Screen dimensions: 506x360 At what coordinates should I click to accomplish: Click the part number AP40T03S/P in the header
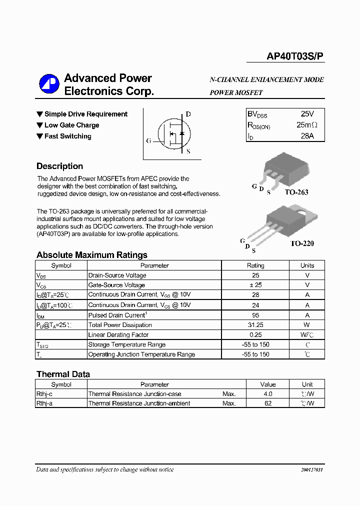point(295,57)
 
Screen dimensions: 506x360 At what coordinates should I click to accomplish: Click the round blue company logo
point(49,84)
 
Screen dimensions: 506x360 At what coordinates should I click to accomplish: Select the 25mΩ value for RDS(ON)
point(306,125)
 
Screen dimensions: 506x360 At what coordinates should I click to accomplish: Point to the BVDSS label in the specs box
point(257,114)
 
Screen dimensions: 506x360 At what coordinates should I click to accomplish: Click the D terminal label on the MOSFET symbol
point(188,114)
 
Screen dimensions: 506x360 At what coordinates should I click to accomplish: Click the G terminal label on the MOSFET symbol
point(148,141)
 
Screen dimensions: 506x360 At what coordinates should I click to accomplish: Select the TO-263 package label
point(296,192)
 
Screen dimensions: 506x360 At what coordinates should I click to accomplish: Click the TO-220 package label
point(302,243)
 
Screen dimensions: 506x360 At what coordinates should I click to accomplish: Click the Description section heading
point(59,166)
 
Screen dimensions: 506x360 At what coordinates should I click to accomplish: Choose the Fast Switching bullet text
point(67,136)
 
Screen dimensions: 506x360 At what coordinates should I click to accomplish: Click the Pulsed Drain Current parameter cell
point(117,315)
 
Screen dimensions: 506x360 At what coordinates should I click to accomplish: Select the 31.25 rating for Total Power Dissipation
point(255,325)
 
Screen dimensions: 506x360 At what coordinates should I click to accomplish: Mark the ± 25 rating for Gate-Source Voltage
point(255,285)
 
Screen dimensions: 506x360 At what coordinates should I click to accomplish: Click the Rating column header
point(255,265)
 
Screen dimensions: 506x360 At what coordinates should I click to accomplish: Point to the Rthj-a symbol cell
point(44,403)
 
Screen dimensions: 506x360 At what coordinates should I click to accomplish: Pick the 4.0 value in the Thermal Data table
point(268,394)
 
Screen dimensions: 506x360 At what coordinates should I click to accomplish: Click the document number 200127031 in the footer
point(312,470)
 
